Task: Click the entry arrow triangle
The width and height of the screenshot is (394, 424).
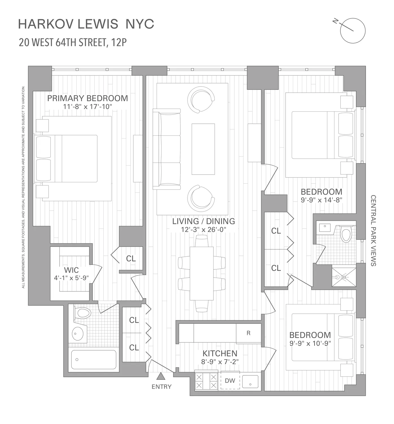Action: tap(161, 376)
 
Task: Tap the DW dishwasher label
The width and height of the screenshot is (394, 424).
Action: tap(230, 381)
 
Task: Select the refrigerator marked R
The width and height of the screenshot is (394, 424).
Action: tap(249, 333)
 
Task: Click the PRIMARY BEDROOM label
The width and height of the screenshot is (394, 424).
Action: tap(87, 98)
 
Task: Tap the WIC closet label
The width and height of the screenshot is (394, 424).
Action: tap(71, 270)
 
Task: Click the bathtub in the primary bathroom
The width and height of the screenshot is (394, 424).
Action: tap(93, 360)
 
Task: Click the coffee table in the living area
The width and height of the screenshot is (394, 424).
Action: tap(203, 149)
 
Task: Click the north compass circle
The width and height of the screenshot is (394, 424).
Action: tap(353, 31)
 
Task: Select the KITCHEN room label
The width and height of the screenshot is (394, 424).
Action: tap(220, 353)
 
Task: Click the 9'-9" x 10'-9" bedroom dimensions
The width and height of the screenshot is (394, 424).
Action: tap(310, 343)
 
